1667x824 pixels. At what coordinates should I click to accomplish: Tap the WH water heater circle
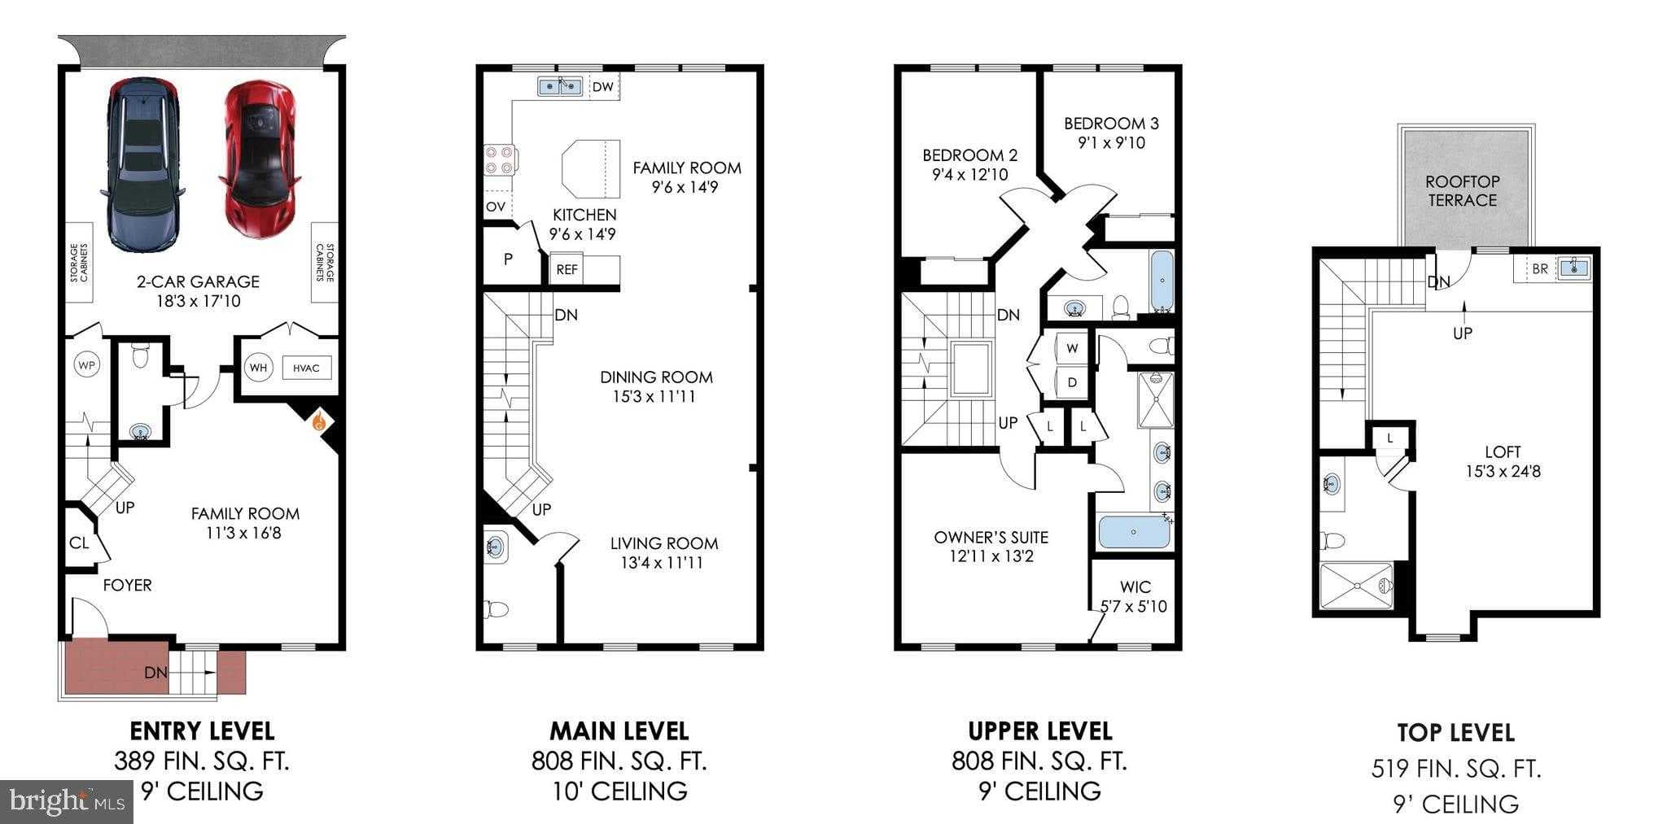(x=258, y=368)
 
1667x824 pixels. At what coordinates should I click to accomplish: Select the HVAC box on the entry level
(x=306, y=368)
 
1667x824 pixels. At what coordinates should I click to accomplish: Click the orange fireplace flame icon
(x=319, y=422)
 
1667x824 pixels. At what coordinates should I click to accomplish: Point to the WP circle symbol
(x=86, y=365)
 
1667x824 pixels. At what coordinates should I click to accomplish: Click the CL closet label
(x=79, y=543)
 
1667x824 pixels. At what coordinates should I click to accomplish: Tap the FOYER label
(x=127, y=585)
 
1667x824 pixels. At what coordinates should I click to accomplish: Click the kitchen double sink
(x=560, y=86)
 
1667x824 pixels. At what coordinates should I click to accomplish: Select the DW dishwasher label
(x=603, y=86)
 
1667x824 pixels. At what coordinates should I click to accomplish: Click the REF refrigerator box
(x=567, y=269)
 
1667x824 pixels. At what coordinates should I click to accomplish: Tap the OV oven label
(x=496, y=207)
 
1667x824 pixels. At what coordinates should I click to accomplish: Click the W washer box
(x=1072, y=348)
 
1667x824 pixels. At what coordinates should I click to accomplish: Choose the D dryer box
(x=1072, y=382)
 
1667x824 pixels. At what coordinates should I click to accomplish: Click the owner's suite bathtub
(x=1134, y=532)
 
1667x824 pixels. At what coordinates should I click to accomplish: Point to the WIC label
(x=1135, y=586)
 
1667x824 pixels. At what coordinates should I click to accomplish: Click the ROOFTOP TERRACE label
(x=1462, y=191)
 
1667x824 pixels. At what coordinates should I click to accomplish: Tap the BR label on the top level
(x=1539, y=268)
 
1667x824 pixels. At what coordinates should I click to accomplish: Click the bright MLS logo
(x=67, y=802)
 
